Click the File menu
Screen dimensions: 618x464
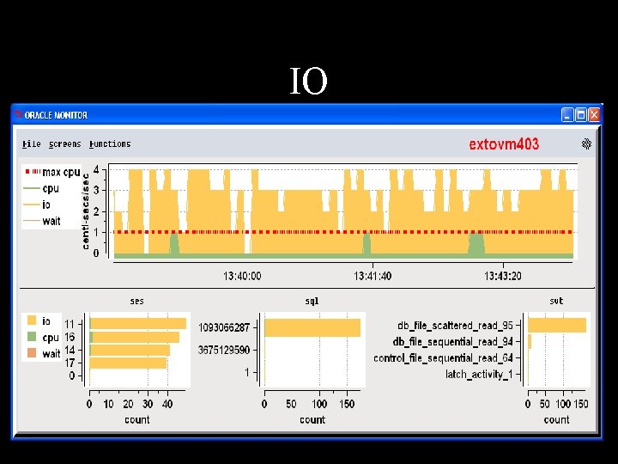pyautogui.click(x=32, y=144)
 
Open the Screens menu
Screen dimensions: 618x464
pyautogui.click(x=65, y=144)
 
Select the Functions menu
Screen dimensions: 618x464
pyautogui.click(x=110, y=144)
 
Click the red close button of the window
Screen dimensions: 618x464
pyautogui.click(x=594, y=115)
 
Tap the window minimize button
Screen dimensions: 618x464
pyautogui.click(x=567, y=115)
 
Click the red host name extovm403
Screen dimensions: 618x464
pyautogui.click(x=504, y=144)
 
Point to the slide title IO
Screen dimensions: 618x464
pyautogui.click(x=309, y=81)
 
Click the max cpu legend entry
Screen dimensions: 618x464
pyautogui.click(x=52, y=172)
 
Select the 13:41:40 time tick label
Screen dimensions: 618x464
pyautogui.click(x=373, y=276)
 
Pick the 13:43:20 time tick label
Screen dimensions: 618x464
pyautogui.click(x=503, y=276)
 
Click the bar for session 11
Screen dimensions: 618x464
pyautogui.click(x=138, y=324)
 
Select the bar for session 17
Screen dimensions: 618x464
pyautogui.click(x=128, y=363)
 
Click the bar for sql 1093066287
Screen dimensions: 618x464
pyautogui.click(x=312, y=328)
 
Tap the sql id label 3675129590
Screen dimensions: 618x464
pyautogui.click(x=224, y=350)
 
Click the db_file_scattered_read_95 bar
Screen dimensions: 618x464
pyautogui.click(x=557, y=326)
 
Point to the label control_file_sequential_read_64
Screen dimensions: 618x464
pyautogui.click(x=444, y=357)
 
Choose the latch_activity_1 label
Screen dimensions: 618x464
pyautogui.click(x=479, y=374)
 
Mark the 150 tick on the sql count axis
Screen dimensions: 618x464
pyautogui.click(x=348, y=404)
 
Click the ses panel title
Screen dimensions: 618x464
pyautogui.click(x=137, y=301)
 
